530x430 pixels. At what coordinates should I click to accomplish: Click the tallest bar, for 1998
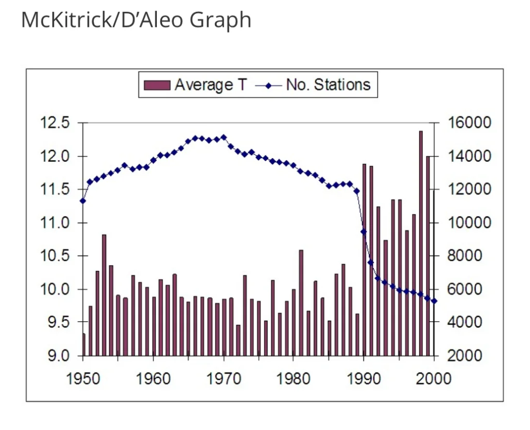(420, 243)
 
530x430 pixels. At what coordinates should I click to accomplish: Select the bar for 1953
(104, 295)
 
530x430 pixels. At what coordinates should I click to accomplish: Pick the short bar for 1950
(83, 345)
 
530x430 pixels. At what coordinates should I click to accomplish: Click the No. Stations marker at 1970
(224, 137)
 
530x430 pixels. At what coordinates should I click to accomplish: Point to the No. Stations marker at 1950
(83, 200)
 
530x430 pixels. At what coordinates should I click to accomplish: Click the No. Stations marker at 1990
(364, 232)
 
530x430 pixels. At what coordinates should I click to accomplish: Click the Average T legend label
(211, 84)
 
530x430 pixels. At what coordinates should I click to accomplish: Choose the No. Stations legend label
(328, 84)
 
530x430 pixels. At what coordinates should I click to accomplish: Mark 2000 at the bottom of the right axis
(462, 356)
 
